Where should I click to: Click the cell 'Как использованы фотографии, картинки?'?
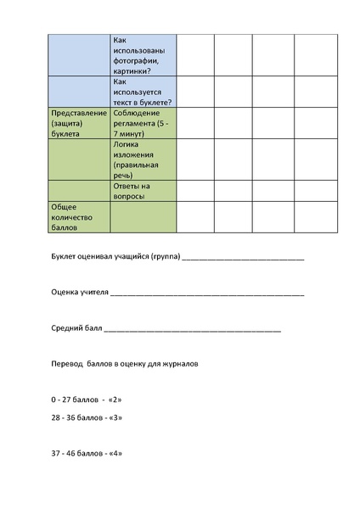(142, 55)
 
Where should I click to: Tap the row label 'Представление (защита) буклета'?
(79, 122)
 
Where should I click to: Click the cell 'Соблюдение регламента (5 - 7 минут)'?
(142, 122)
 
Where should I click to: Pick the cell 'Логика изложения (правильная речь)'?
(142, 159)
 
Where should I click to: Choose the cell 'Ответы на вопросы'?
(142, 191)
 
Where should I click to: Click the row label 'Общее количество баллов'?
(79, 216)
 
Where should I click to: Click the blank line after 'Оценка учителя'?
(207, 294)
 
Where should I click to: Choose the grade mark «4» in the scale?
(116, 453)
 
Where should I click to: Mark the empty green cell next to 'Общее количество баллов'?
(142, 216)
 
